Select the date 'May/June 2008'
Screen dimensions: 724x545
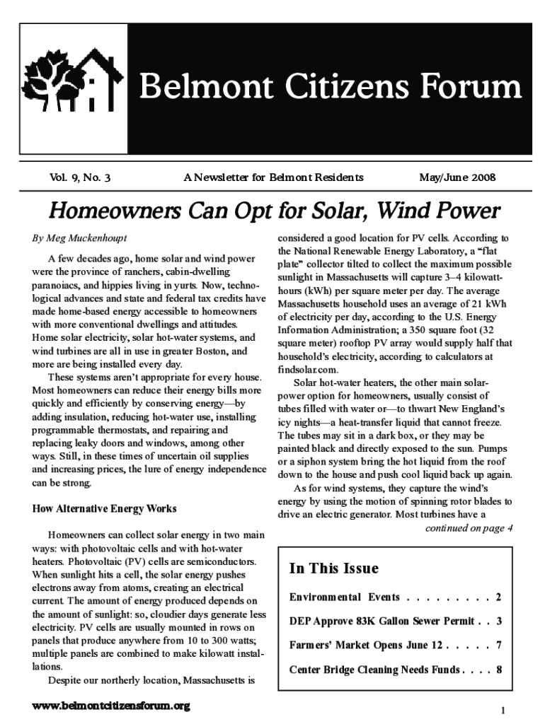[457, 178]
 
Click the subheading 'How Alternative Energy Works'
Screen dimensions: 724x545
[105, 508]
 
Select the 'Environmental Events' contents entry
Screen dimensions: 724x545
[345, 597]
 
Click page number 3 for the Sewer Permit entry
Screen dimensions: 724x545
[499, 621]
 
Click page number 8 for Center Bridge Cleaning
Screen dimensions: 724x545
[499, 669]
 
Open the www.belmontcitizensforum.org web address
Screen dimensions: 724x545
[112, 706]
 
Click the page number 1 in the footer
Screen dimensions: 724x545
[502, 710]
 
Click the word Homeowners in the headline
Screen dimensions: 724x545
[113, 211]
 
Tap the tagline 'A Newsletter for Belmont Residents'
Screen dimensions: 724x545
[273, 178]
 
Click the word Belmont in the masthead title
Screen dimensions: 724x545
[200, 88]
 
